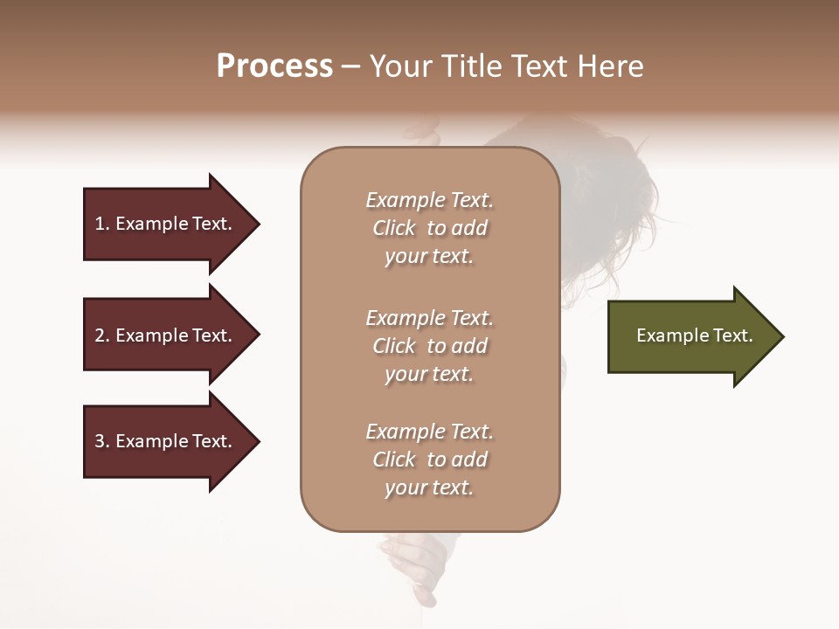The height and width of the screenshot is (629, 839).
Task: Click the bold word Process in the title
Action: pyautogui.click(x=274, y=66)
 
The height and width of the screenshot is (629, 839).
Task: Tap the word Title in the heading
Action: pyautogui.click(x=471, y=66)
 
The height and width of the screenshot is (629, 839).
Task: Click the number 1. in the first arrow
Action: pyautogui.click(x=102, y=224)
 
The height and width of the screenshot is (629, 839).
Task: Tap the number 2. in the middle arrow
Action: pyautogui.click(x=102, y=335)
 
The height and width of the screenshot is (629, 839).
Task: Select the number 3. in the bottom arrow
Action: pyautogui.click(x=102, y=441)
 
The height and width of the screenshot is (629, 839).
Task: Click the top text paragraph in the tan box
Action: pyautogui.click(x=429, y=228)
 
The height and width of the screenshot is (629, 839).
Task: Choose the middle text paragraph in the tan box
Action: pyautogui.click(x=429, y=346)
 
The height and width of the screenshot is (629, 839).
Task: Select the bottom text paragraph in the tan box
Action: pyautogui.click(x=429, y=460)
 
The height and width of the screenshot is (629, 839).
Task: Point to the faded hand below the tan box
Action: pyautogui.click(x=411, y=563)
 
